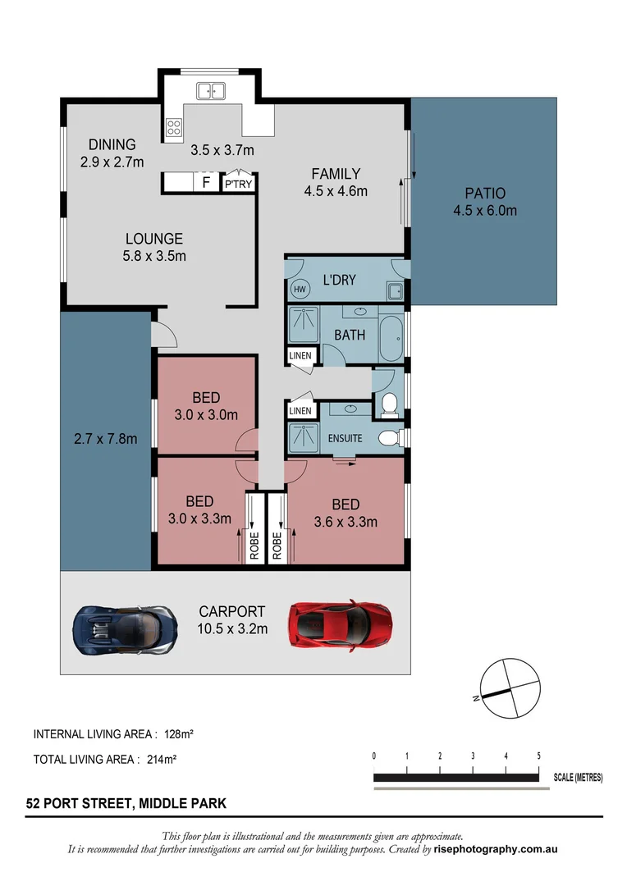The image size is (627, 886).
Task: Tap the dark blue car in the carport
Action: [125, 630]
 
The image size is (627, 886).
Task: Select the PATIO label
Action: [485, 194]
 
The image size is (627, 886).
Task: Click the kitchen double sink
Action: [211, 91]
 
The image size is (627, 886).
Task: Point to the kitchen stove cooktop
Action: [174, 127]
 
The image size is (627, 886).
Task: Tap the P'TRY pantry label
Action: [238, 185]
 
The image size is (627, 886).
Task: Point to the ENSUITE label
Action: [345, 438]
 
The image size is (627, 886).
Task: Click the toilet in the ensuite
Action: [390, 437]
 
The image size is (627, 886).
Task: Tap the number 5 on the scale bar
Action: [538, 756]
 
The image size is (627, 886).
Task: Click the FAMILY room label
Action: [335, 174]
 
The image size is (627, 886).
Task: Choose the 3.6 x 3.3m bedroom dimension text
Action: [346, 521]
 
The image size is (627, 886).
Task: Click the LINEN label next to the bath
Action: [300, 356]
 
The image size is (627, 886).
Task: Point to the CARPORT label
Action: [232, 611]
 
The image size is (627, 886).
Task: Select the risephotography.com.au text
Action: [496, 850]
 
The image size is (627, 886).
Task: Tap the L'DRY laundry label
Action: [339, 280]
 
